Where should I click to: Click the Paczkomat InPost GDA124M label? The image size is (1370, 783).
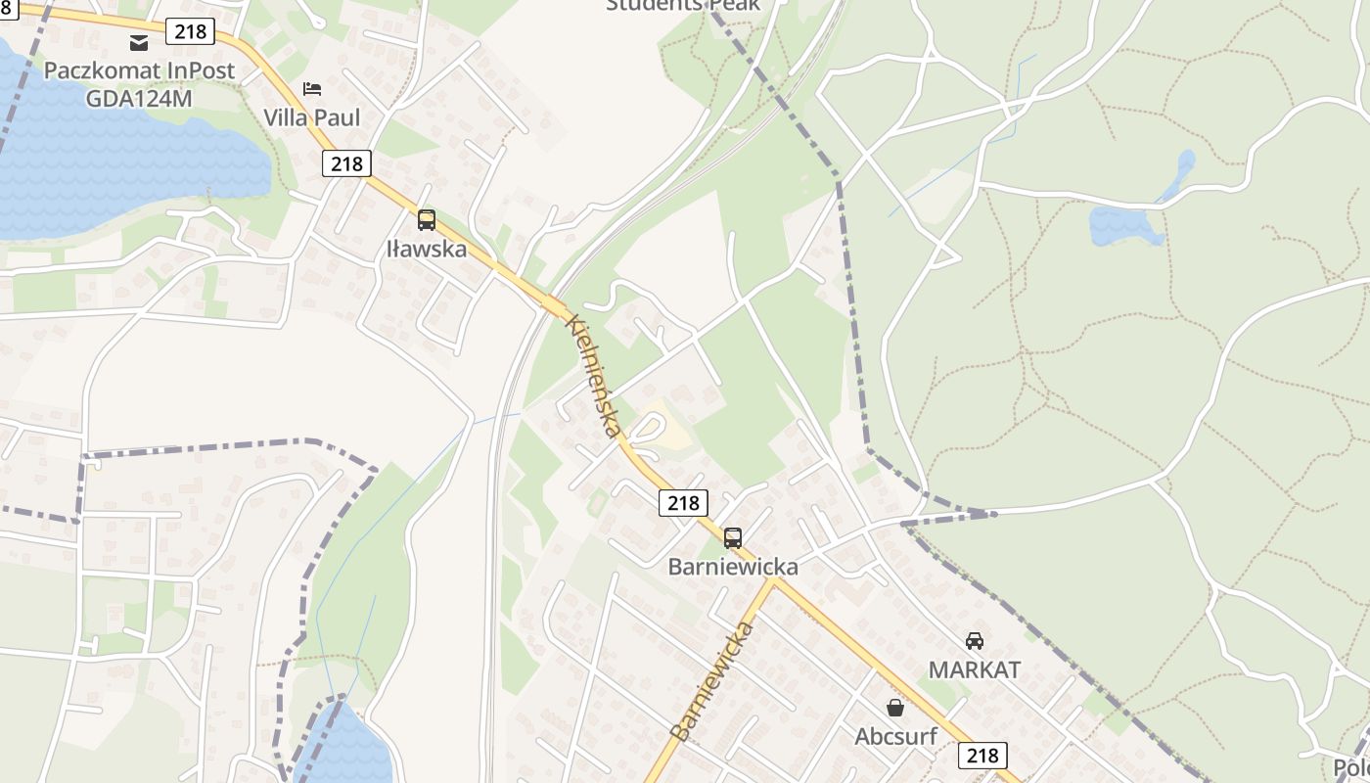coord(139,84)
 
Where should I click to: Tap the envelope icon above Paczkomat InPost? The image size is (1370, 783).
coord(139,42)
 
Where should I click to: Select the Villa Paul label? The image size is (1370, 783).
coord(312,117)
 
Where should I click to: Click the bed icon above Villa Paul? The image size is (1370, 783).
coord(312,89)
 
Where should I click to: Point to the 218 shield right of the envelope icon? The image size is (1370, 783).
coord(190,31)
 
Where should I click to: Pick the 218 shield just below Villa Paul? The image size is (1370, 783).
coord(346,163)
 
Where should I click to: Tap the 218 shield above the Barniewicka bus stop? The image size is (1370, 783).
coord(682,503)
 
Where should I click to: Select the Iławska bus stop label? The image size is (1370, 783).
coord(427,249)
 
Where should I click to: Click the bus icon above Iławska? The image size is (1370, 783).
coord(427,220)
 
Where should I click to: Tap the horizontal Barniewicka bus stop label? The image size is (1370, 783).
coord(733,567)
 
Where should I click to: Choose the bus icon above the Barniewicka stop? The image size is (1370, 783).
coord(733,537)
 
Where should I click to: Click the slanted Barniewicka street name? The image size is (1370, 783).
coord(712,679)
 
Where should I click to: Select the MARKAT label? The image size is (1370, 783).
coord(974,670)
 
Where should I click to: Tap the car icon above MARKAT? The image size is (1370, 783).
coord(974,641)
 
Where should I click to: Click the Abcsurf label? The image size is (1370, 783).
coord(895,736)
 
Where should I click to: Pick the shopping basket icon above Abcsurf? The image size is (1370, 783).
coord(895,707)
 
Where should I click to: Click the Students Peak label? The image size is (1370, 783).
coord(682,6)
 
